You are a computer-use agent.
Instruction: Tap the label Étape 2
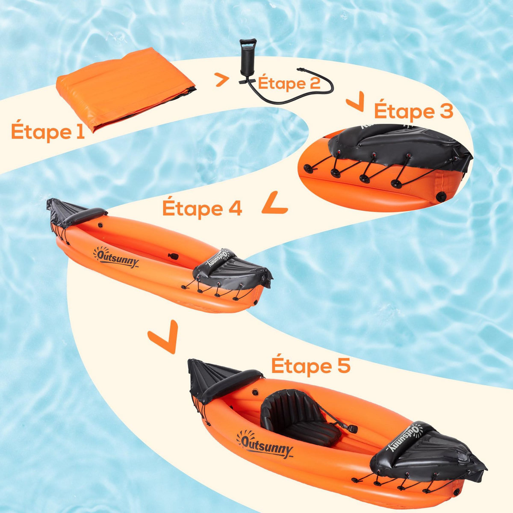(289, 83)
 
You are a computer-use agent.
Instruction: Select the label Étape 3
(413, 111)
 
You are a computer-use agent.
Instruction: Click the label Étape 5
(311, 366)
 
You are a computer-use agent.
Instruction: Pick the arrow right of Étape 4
(274, 203)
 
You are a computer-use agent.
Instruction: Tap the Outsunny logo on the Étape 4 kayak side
(116, 258)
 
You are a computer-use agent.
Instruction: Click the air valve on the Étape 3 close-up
(440, 196)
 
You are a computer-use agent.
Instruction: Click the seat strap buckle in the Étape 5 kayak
(352, 428)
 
